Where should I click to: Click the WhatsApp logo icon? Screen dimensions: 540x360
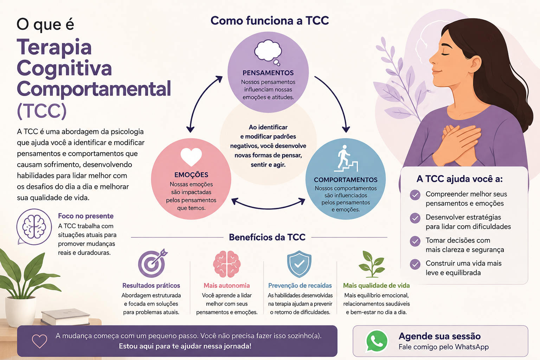[377, 341]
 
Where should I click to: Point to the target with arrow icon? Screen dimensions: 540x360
[152, 263]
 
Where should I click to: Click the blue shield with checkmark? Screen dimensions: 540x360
[299, 264]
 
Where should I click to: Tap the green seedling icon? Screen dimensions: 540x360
[372, 264]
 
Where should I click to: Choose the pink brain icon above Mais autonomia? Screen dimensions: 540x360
[227, 264]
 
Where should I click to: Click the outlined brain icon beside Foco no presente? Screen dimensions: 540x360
[34, 227]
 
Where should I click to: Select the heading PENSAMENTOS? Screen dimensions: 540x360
[268, 73]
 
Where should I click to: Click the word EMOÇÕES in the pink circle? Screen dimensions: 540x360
[191, 175]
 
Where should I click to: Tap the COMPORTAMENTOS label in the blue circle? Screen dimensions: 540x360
[346, 180]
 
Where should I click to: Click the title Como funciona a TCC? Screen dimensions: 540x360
[270, 20]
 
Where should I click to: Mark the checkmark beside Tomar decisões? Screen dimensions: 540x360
[415, 241]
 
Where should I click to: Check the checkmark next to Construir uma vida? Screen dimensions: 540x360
[415, 264]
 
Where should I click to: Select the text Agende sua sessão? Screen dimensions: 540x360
[439, 336]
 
